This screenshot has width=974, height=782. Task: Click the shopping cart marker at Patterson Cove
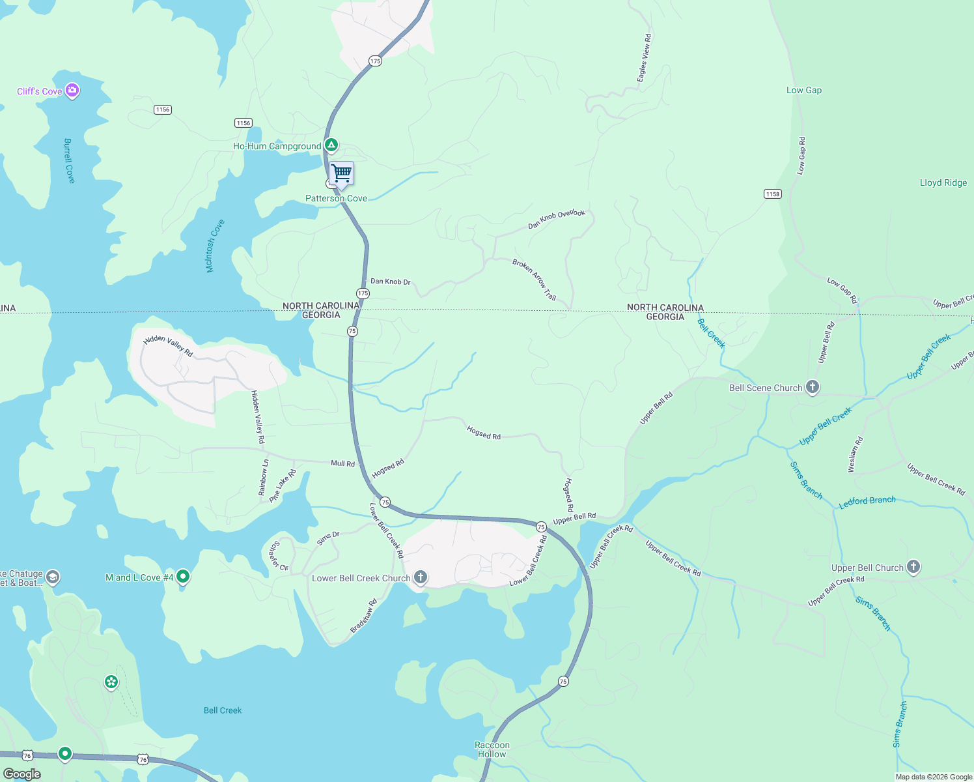pyautogui.click(x=341, y=174)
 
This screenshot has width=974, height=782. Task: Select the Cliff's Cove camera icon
pyautogui.click(x=73, y=91)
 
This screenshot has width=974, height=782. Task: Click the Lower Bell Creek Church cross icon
pyautogui.click(x=421, y=577)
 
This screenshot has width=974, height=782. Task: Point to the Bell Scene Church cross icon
pyautogui.click(x=812, y=387)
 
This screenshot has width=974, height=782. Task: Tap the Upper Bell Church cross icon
pyautogui.click(x=913, y=567)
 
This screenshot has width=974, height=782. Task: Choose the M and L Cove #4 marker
pyautogui.click(x=183, y=577)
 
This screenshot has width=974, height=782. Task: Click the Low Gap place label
pyautogui.click(x=804, y=91)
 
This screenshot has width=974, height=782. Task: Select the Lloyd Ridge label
pyautogui.click(x=943, y=183)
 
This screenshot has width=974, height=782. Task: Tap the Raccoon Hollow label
pyautogui.click(x=492, y=749)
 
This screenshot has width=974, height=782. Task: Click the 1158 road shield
pyautogui.click(x=772, y=194)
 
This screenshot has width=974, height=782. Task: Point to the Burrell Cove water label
pyautogui.click(x=69, y=160)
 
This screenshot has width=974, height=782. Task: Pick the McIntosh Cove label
pyautogui.click(x=214, y=246)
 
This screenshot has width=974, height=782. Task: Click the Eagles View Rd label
pyautogui.click(x=644, y=59)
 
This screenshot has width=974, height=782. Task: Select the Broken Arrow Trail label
pyautogui.click(x=535, y=280)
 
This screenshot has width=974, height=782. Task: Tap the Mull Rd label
pyautogui.click(x=343, y=463)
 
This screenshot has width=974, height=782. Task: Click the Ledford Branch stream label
pyautogui.click(x=867, y=501)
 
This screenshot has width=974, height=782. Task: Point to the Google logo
pyautogui.click(x=21, y=774)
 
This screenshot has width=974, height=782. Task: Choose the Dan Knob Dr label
pyautogui.click(x=391, y=282)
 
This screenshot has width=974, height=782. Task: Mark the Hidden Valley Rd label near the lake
pyautogui.click(x=168, y=345)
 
